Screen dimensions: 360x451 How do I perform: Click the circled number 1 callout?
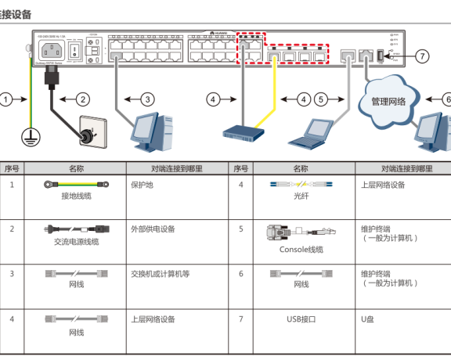point(7,99)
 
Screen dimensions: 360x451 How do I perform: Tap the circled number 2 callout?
point(83,99)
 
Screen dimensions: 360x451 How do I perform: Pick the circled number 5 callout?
point(321,99)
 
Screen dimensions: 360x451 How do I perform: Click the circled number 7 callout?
point(422,56)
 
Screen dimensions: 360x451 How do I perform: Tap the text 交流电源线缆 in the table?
point(76,242)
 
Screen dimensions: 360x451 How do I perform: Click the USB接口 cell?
point(301,319)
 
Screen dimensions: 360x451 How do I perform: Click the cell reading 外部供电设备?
point(153,229)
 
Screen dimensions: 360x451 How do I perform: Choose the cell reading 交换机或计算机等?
point(160,274)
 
